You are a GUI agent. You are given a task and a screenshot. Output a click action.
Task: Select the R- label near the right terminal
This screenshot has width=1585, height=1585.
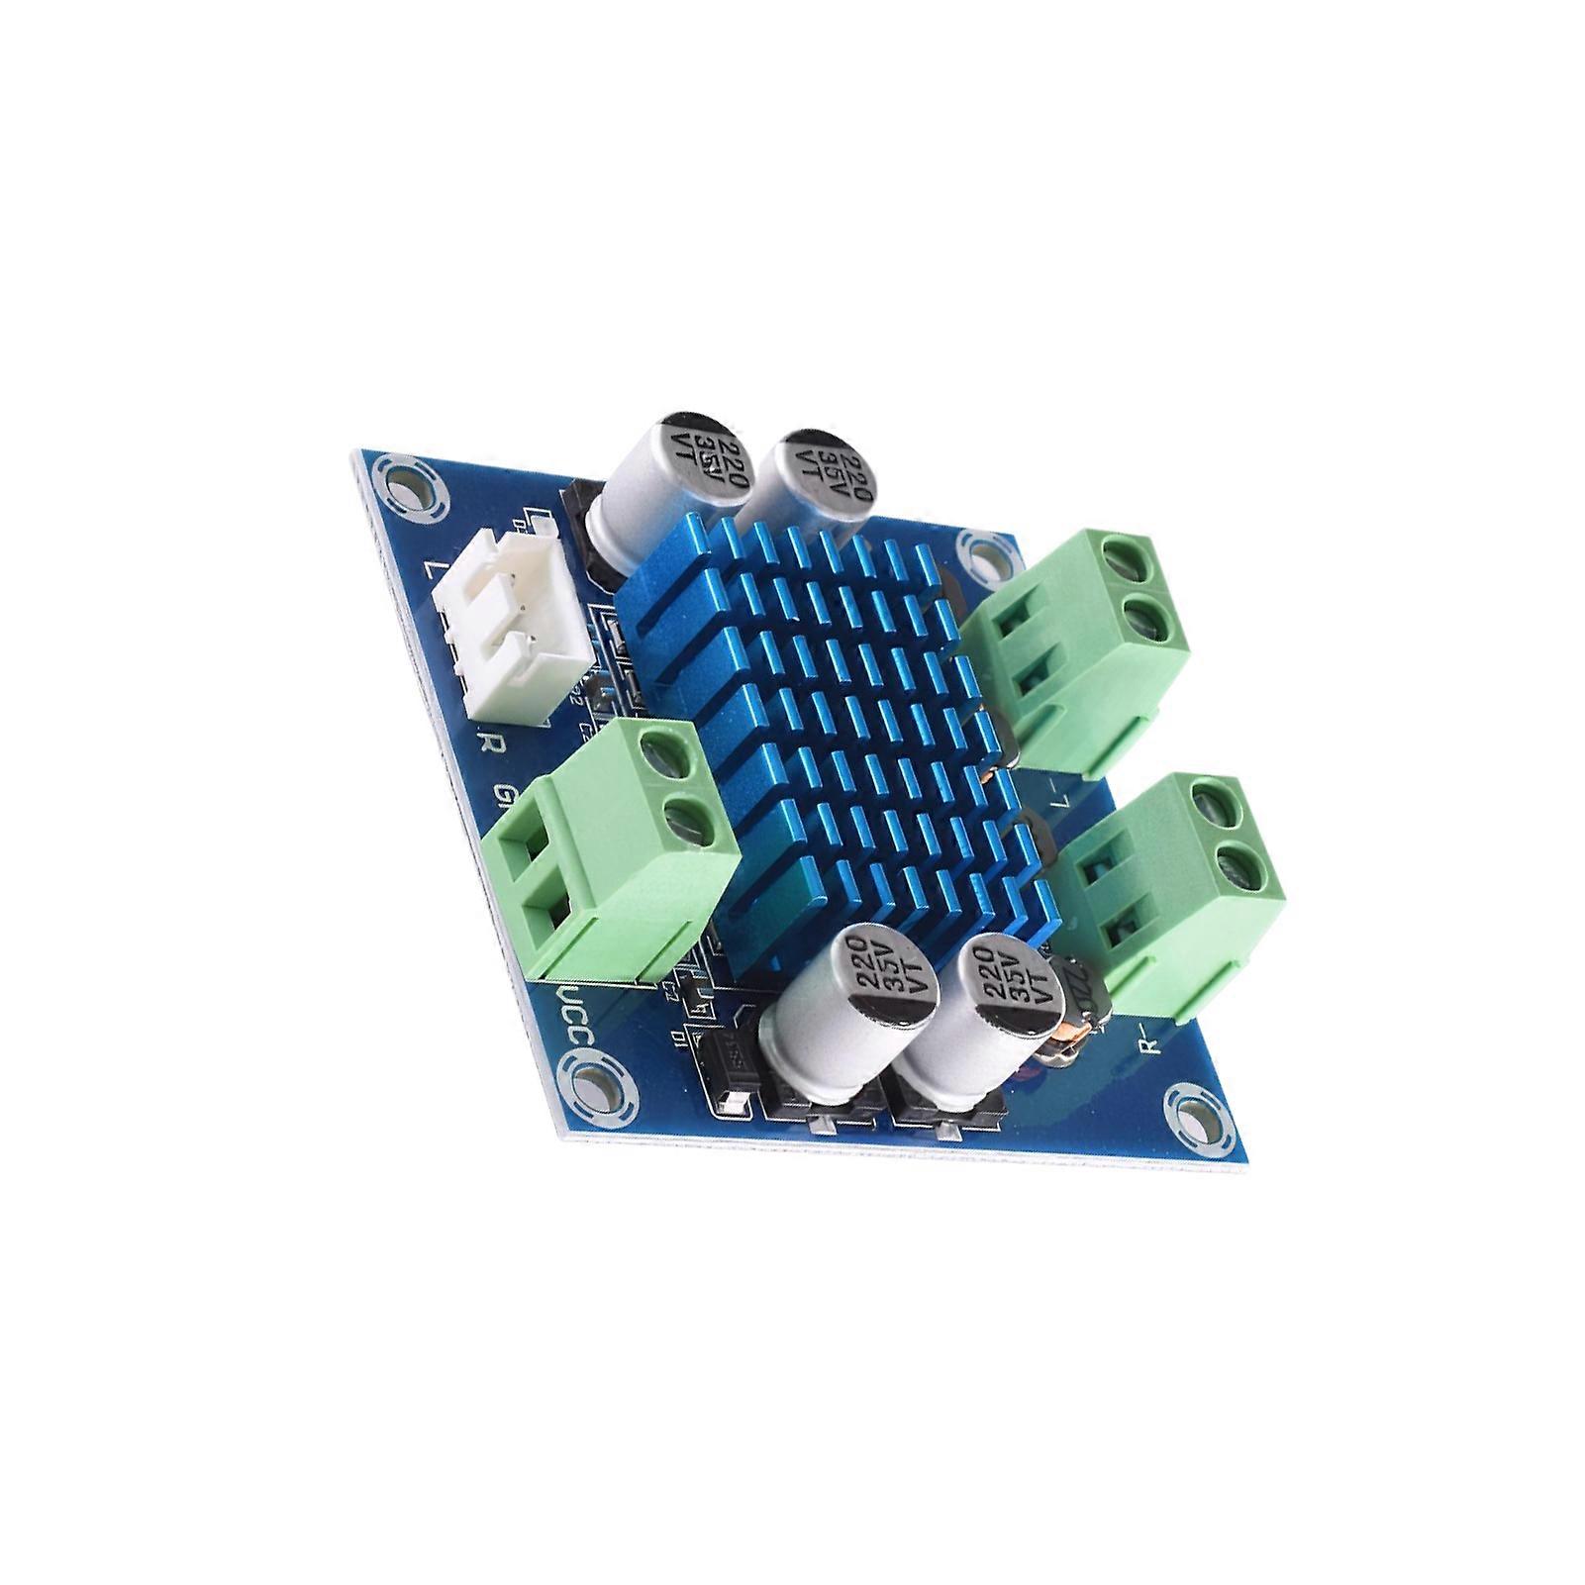pyautogui.click(x=1149, y=1040)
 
